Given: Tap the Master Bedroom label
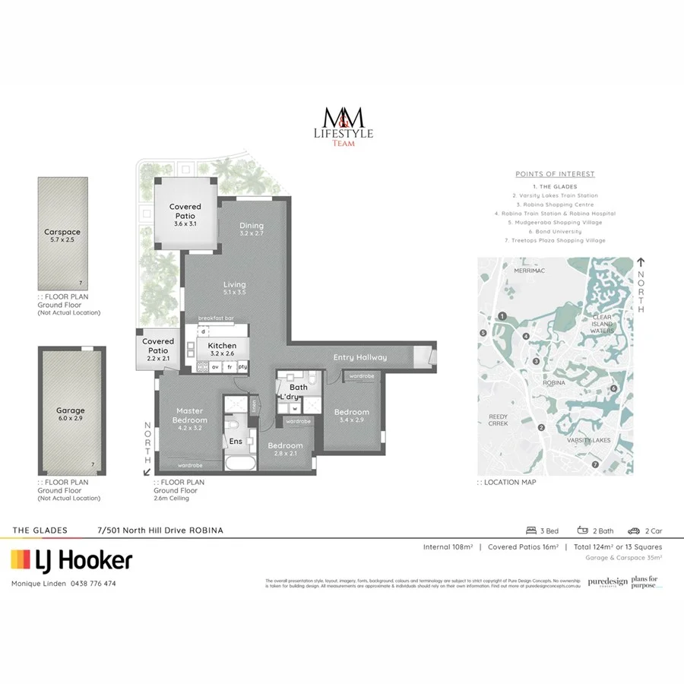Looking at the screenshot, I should (x=189, y=415).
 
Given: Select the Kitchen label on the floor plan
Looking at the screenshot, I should (x=222, y=346).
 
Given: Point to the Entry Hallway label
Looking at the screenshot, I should (x=360, y=357).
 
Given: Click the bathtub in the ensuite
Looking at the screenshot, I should (x=242, y=463).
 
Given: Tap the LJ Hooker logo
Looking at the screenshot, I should (x=71, y=561).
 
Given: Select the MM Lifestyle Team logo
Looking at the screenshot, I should (x=344, y=126).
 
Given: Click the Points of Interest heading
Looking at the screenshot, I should (x=555, y=174).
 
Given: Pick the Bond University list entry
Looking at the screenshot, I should (x=555, y=231).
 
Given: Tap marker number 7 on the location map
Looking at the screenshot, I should (x=595, y=464).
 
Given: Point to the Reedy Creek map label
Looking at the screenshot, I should (x=498, y=420).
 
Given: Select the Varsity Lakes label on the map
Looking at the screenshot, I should (x=589, y=440).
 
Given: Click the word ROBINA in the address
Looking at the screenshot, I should (x=206, y=530).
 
